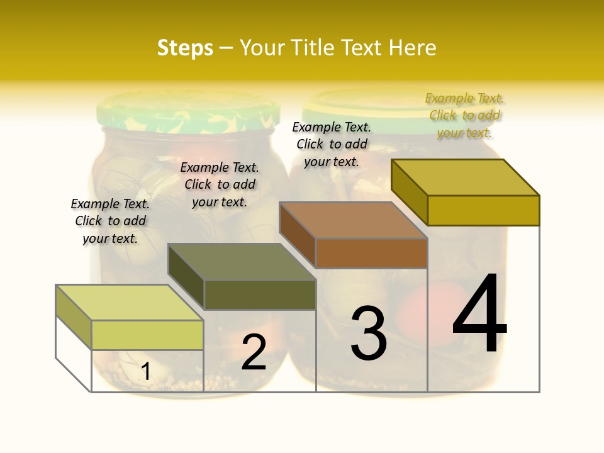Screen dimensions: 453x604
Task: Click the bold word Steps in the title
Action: pyautogui.click(x=185, y=48)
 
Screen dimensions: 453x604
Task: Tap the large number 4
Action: pyautogui.click(x=480, y=315)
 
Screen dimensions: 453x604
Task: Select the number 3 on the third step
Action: pyautogui.click(x=369, y=333)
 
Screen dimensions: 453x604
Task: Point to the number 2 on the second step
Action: pyautogui.click(x=254, y=352)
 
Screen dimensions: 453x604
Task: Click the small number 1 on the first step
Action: pyautogui.click(x=145, y=371)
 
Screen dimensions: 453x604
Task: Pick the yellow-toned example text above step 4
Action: pyautogui.click(x=464, y=115)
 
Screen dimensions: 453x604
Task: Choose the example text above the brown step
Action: pyautogui.click(x=332, y=144)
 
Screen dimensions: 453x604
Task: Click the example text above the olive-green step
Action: pyautogui.click(x=220, y=184)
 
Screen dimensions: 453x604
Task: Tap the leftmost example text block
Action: pyautogui.click(x=110, y=221)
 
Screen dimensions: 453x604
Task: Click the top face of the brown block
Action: pyautogui.click(x=353, y=220)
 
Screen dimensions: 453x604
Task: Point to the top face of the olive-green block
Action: pyautogui.click(x=242, y=262)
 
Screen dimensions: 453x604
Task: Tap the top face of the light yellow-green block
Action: pyautogui.click(x=130, y=303)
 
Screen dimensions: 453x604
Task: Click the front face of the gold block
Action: pyautogui.click(x=483, y=210)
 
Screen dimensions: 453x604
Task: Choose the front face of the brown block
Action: pyautogui.click(x=371, y=254)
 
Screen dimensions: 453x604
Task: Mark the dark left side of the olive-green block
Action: pyautogui.click(x=186, y=276)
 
